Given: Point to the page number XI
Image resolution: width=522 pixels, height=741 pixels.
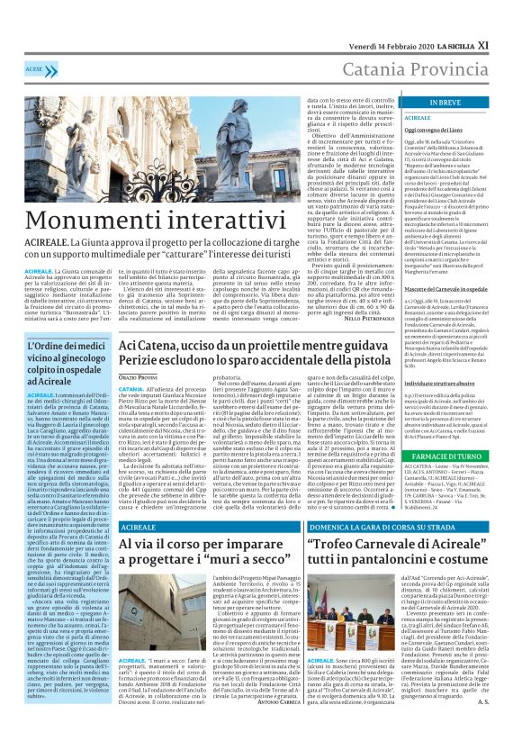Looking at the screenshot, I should click(x=508, y=19).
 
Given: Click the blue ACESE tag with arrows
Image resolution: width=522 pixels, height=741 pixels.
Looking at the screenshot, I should click(x=37, y=68).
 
